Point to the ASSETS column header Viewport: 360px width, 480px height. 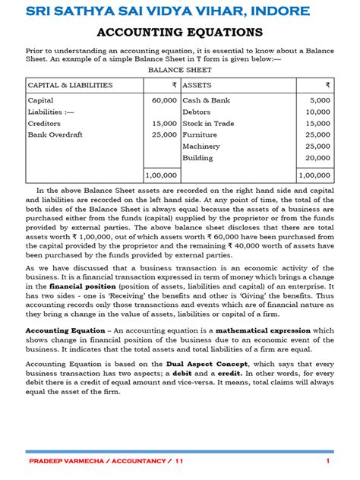(x=197, y=85)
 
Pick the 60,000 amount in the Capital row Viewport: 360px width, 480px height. (x=164, y=100)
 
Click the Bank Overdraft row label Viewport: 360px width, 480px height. (x=55, y=134)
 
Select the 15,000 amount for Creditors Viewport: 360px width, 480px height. (x=164, y=123)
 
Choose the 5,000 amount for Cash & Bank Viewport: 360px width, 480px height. (x=320, y=100)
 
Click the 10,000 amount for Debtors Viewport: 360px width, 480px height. (x=318, y=112)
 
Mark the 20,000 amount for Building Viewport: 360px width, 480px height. (x=318, y=157)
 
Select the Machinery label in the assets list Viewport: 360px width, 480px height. (x=201, y=146)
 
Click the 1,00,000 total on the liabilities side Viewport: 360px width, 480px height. (x=161, y=175)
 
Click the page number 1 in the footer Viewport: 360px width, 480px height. (x=327, y=461)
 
